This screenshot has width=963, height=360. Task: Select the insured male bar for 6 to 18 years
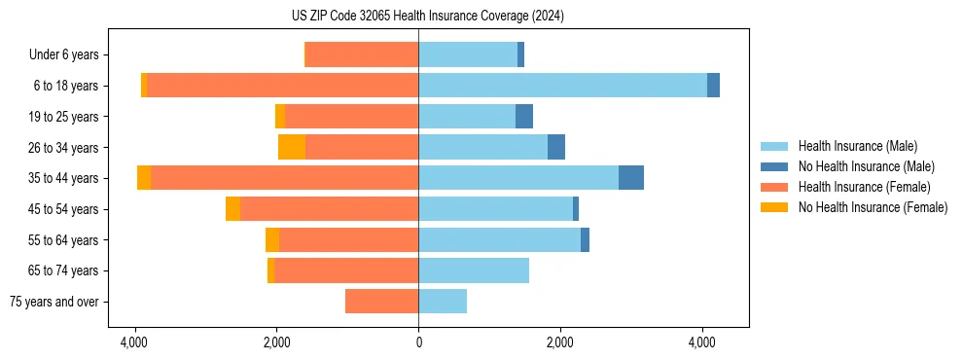click(562, 86)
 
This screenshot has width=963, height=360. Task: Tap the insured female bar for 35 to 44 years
click(284, 178)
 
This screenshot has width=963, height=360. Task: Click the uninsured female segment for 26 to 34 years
click(292, 147)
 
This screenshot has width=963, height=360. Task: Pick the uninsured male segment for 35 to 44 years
click(631, 178)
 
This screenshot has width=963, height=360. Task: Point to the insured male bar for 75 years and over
click(443, 302)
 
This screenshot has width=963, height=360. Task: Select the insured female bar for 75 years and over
click(381, 302)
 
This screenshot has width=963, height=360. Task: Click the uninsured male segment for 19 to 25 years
click(524, 117)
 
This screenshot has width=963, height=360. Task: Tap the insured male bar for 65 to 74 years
click(474, 270)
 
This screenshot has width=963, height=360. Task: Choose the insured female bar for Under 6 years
click(362, 54)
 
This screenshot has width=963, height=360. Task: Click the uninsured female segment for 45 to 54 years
click(232, 209)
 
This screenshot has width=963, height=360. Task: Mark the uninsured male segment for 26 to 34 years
click(556, 147)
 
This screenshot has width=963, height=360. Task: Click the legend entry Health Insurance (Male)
click(857, 146)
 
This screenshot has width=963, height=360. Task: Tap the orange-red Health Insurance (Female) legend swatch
click(774, 187)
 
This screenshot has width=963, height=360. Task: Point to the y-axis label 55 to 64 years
click(64, 240)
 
